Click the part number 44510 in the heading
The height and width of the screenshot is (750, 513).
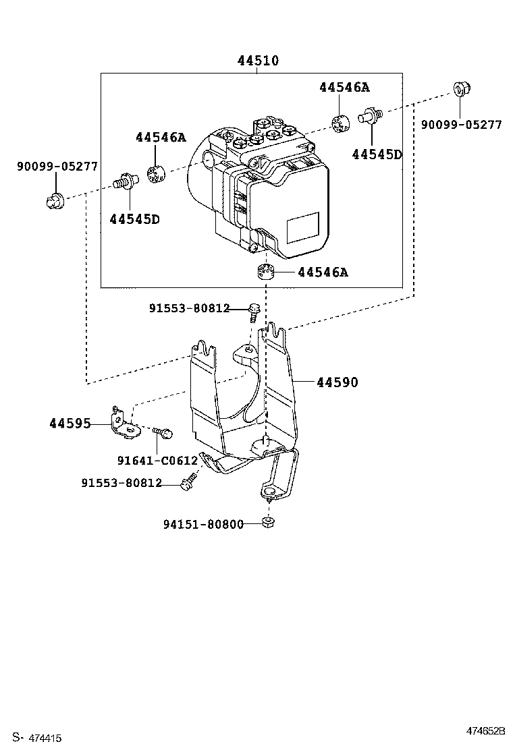point(258,61)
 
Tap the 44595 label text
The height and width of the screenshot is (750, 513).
point(70,424)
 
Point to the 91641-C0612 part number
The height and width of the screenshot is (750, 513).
point(157,461)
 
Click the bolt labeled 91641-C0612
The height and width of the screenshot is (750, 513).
point(163,431)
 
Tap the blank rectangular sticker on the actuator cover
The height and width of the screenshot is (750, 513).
point(303,229)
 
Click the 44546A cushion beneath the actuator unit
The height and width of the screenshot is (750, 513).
point(268,272)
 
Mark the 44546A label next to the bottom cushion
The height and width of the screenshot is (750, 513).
point(323,272)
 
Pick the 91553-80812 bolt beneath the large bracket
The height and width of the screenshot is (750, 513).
point(188,482)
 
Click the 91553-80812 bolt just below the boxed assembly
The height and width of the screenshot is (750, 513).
point(254,311)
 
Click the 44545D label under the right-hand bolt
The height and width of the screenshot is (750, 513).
point(377,154)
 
